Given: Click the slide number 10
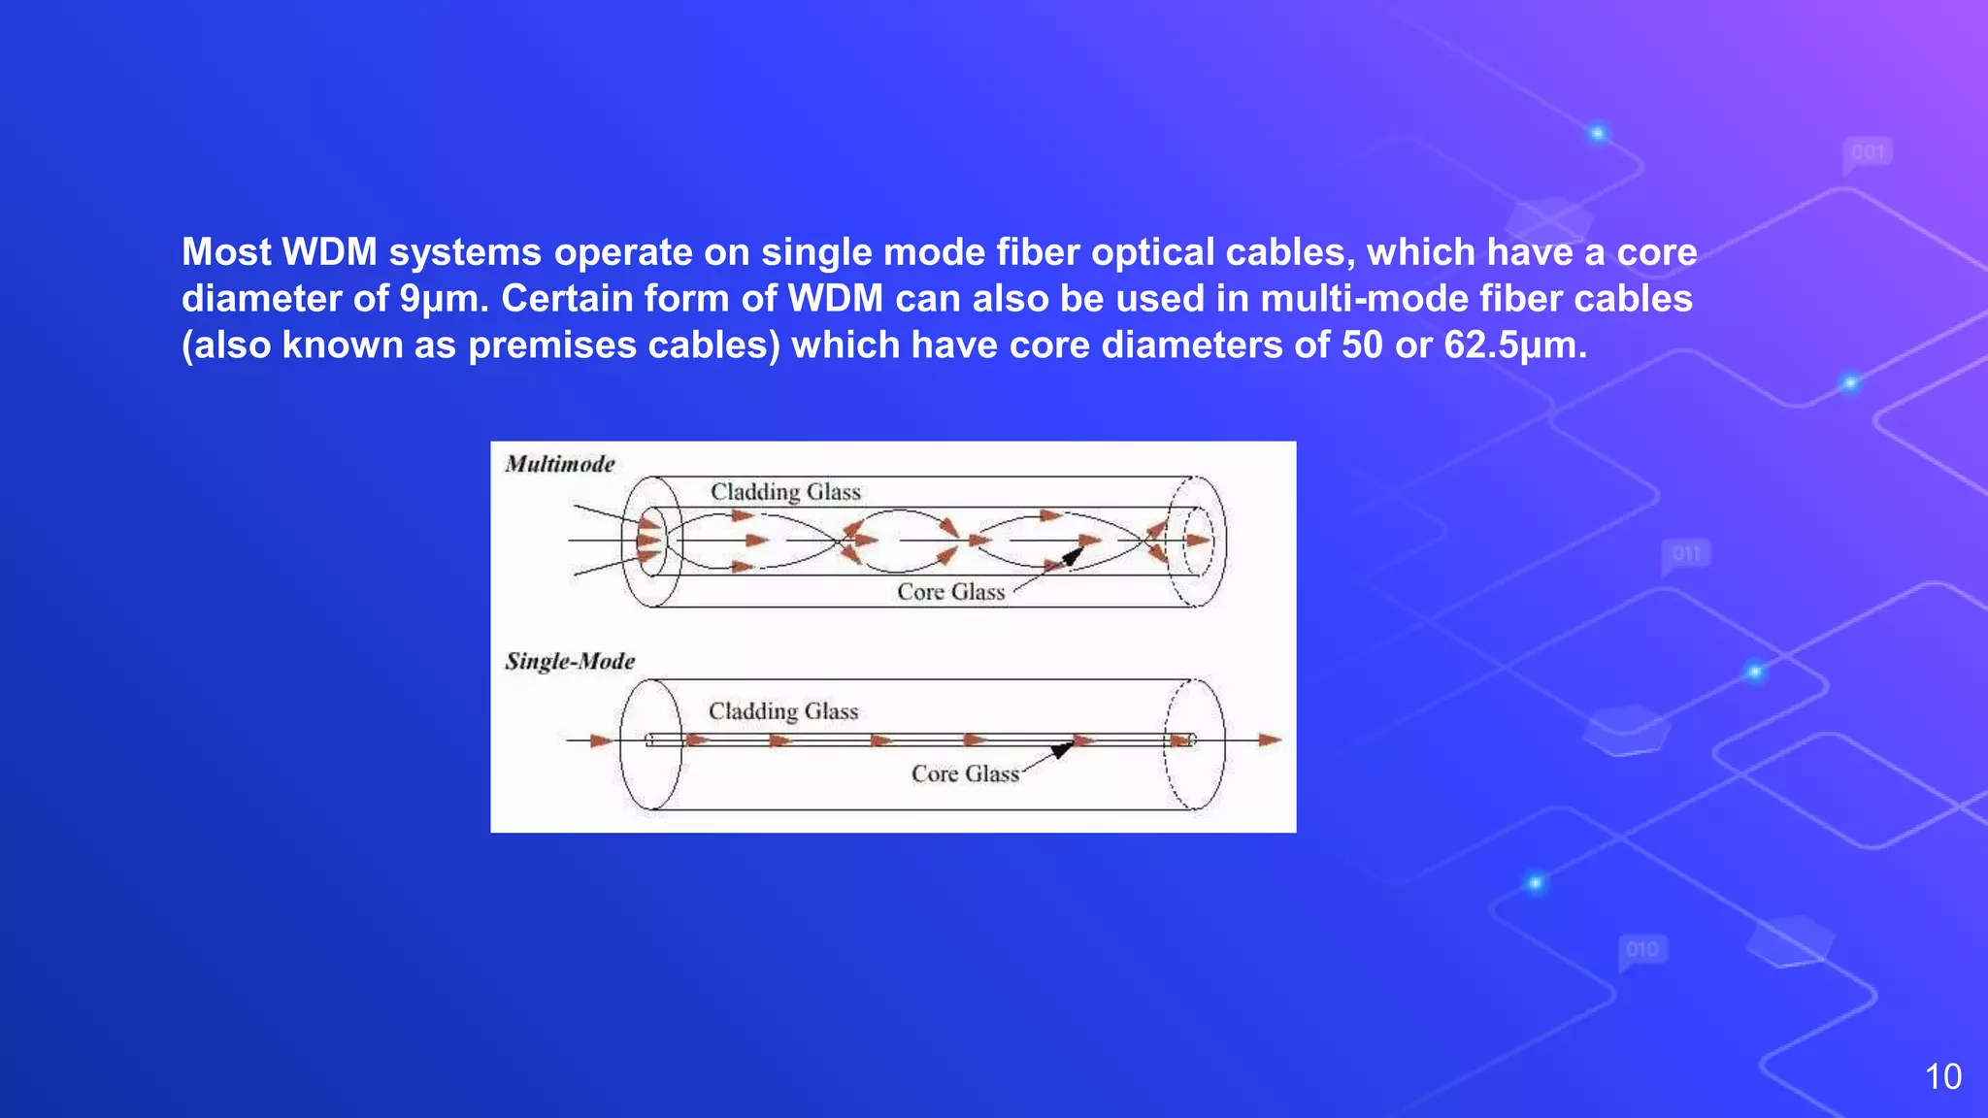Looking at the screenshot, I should tap(1942, 1076).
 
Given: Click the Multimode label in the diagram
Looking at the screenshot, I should tap(560, 464).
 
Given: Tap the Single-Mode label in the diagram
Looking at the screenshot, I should tap(570, 662).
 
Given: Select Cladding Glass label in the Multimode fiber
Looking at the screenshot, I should tap(785, 492).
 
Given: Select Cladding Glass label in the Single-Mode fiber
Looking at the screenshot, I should tap(783, 711).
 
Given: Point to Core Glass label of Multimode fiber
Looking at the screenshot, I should tap(950, 592).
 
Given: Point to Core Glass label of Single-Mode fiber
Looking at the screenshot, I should tap(965, 773).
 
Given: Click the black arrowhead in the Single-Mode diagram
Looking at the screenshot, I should tap(1062, 749).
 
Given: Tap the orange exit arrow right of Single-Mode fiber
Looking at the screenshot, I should tap(1270, 740).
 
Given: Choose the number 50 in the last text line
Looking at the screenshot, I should tap(1362, 345).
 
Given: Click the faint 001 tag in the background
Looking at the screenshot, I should tap(1868, 152).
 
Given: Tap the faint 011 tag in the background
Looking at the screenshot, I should tap(1686, 554).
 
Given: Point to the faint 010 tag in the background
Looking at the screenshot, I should tap(1642, 949).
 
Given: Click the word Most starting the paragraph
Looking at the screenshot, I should tap(225, 252).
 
